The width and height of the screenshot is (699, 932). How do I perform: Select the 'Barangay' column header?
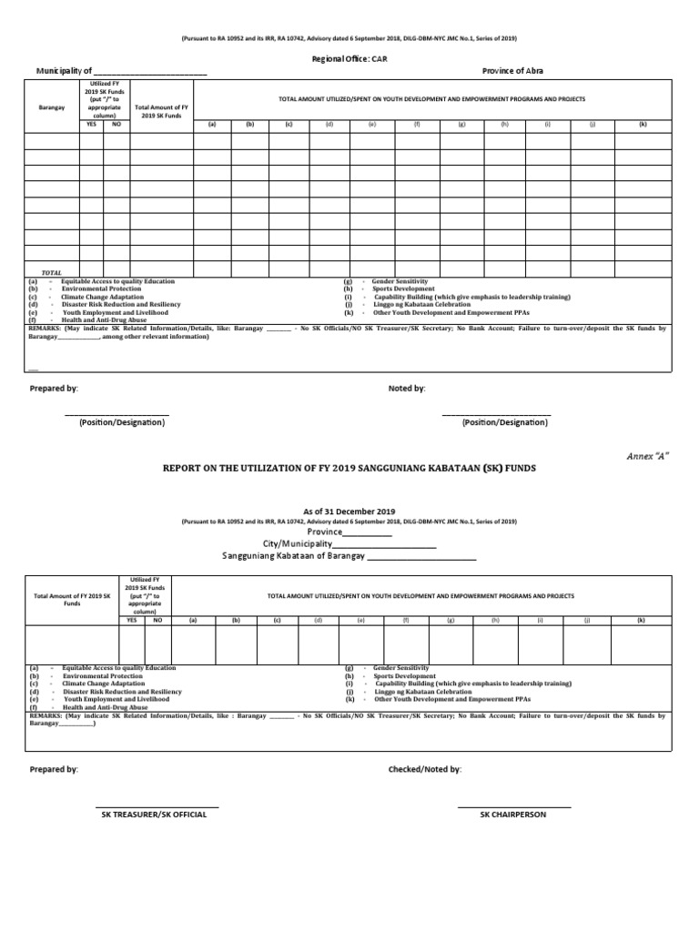coord(52,107)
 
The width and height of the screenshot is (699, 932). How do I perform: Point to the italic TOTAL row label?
coord(51,272)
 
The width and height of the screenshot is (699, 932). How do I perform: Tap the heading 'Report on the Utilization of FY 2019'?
coord(349,467)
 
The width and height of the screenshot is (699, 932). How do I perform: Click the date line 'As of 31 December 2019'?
coord(349,512)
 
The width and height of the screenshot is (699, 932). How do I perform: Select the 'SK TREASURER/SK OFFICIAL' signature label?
coord(154,815)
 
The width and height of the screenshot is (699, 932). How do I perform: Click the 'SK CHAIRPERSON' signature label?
coord(513,815)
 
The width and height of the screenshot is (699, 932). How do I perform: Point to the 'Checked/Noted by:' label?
coord(424,769)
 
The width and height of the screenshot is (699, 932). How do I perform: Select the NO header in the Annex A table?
coord(157,620)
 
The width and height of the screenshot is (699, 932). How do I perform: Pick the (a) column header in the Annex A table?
coord(192,620)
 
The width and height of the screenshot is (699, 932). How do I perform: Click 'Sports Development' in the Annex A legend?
coord(404,676)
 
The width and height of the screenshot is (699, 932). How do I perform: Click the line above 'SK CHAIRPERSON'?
coord(513,806)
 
